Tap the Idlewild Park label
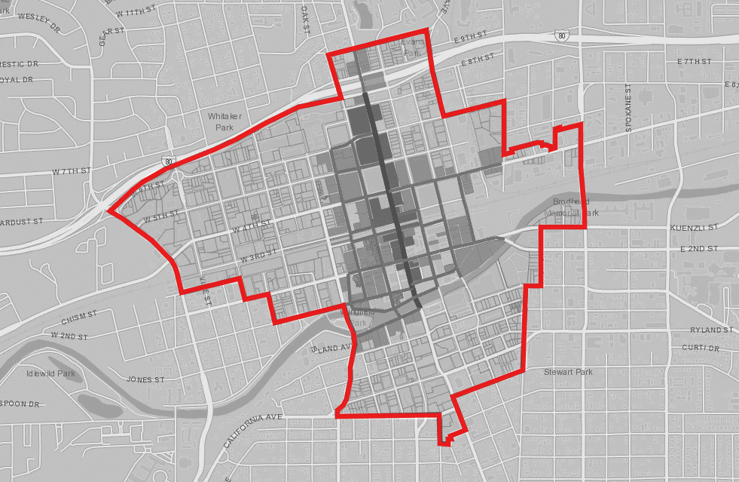[50, 373]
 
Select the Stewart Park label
[568, 372]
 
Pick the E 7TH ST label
[694, 60]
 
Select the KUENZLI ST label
[693, 227]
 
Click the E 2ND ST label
[699, 248]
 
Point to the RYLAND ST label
[711, 330]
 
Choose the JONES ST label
[145, 379]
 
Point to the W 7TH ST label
[71, 172]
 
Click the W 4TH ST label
[251, 226]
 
